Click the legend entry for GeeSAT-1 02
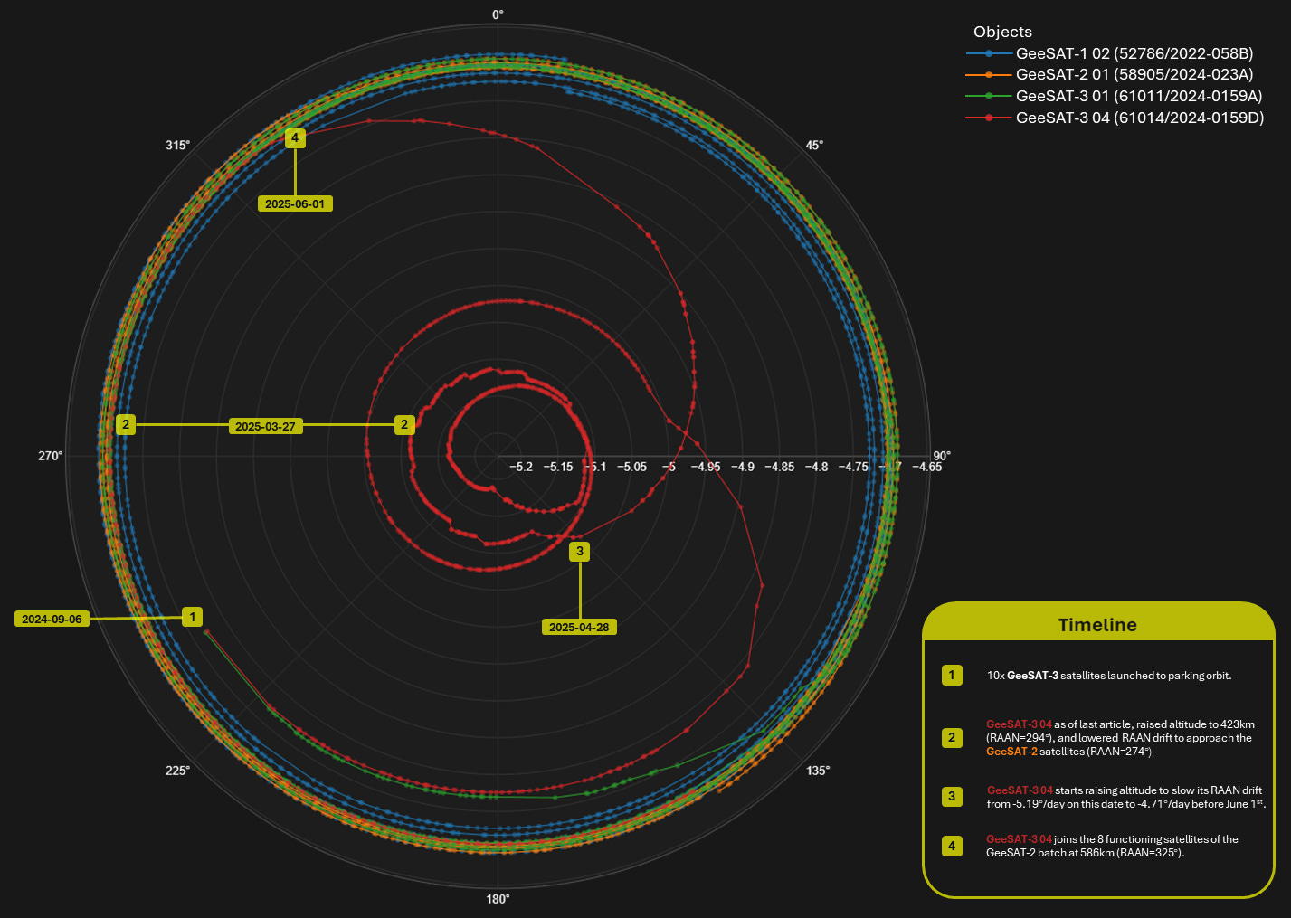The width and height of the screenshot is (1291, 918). point(1134,53)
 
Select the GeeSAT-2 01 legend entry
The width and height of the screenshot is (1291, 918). point(1134,74)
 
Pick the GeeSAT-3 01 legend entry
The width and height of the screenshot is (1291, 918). point(1138,96)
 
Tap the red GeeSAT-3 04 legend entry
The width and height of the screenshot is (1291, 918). point(1139,118)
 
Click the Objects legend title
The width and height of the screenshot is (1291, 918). point(1002,32)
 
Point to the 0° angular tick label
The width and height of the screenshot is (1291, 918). point(498,14)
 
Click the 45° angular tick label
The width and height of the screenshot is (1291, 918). point(814,146)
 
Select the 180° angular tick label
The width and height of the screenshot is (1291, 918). point(498,899)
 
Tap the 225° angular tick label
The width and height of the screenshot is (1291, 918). point(177,771)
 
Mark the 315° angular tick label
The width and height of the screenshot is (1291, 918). point(177,146)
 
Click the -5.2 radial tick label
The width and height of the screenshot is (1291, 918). point(521,467)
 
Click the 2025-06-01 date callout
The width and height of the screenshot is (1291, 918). point(295,204)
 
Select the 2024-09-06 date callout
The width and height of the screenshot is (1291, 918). point(52,620)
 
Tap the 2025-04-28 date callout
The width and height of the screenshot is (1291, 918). point(579,628)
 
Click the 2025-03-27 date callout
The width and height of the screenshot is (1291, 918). point(265,426)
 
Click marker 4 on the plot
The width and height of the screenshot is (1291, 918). point(295,137)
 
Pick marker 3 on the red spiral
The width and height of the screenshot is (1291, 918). point(580,551)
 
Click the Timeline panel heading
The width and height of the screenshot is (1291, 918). point(1097,625)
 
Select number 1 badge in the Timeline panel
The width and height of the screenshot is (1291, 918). point(952,675)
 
